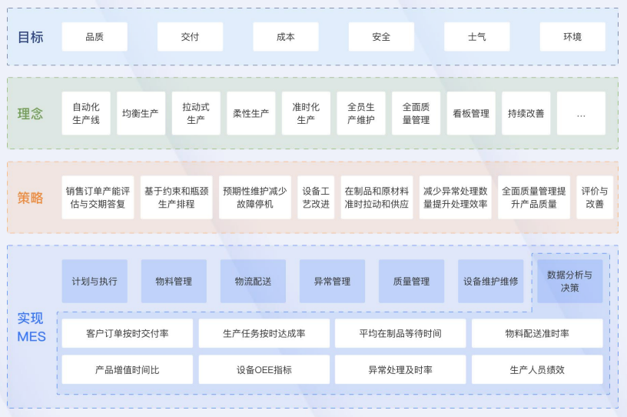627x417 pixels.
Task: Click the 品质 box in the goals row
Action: pyautogui.click(x=95, y=37)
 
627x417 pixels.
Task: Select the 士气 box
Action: pyautogui.click(x=476, y=37)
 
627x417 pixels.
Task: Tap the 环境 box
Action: pyautogui.click(x=572, y=37)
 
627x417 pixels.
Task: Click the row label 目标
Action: pyautogui.click(x=31, y=37)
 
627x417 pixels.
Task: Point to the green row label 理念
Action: pyautogui.click(x=31, y=114)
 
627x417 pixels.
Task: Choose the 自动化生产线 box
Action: pyautogui.click(x=86, y=114)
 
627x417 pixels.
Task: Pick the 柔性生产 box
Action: pyautogui.click(x=250, y=114)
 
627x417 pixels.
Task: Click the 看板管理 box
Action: pyautogui.click(x=471, y=114)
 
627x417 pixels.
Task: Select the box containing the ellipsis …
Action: pyautogui.click(x=581, y=114)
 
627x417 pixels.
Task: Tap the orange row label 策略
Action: pyautogui.click(x=31, y=198)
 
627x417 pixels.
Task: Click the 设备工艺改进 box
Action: pyautogui.click(x=316, y=198)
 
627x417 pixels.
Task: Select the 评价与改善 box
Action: pyautogui.click(x=595, y=198)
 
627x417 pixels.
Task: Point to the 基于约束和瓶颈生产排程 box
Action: pyautogui.click(x=177, y=198)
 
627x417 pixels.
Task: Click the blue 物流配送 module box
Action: pyautogui.click(x=253, y=282)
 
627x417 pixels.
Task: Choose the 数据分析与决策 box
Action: pyautogui.click(x=569, y=281)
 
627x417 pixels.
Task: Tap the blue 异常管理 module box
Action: pyautogui.click(x=332, y=282)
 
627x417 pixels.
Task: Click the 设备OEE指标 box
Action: pyautogui.click(x=264, y=370)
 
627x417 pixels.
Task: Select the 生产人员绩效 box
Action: pyautogui.click(x=537, y=370)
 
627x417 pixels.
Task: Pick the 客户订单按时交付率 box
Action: pyautogui.click(x=128, y=334)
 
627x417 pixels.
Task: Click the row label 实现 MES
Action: pyautogui.click(x=32, y=327)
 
